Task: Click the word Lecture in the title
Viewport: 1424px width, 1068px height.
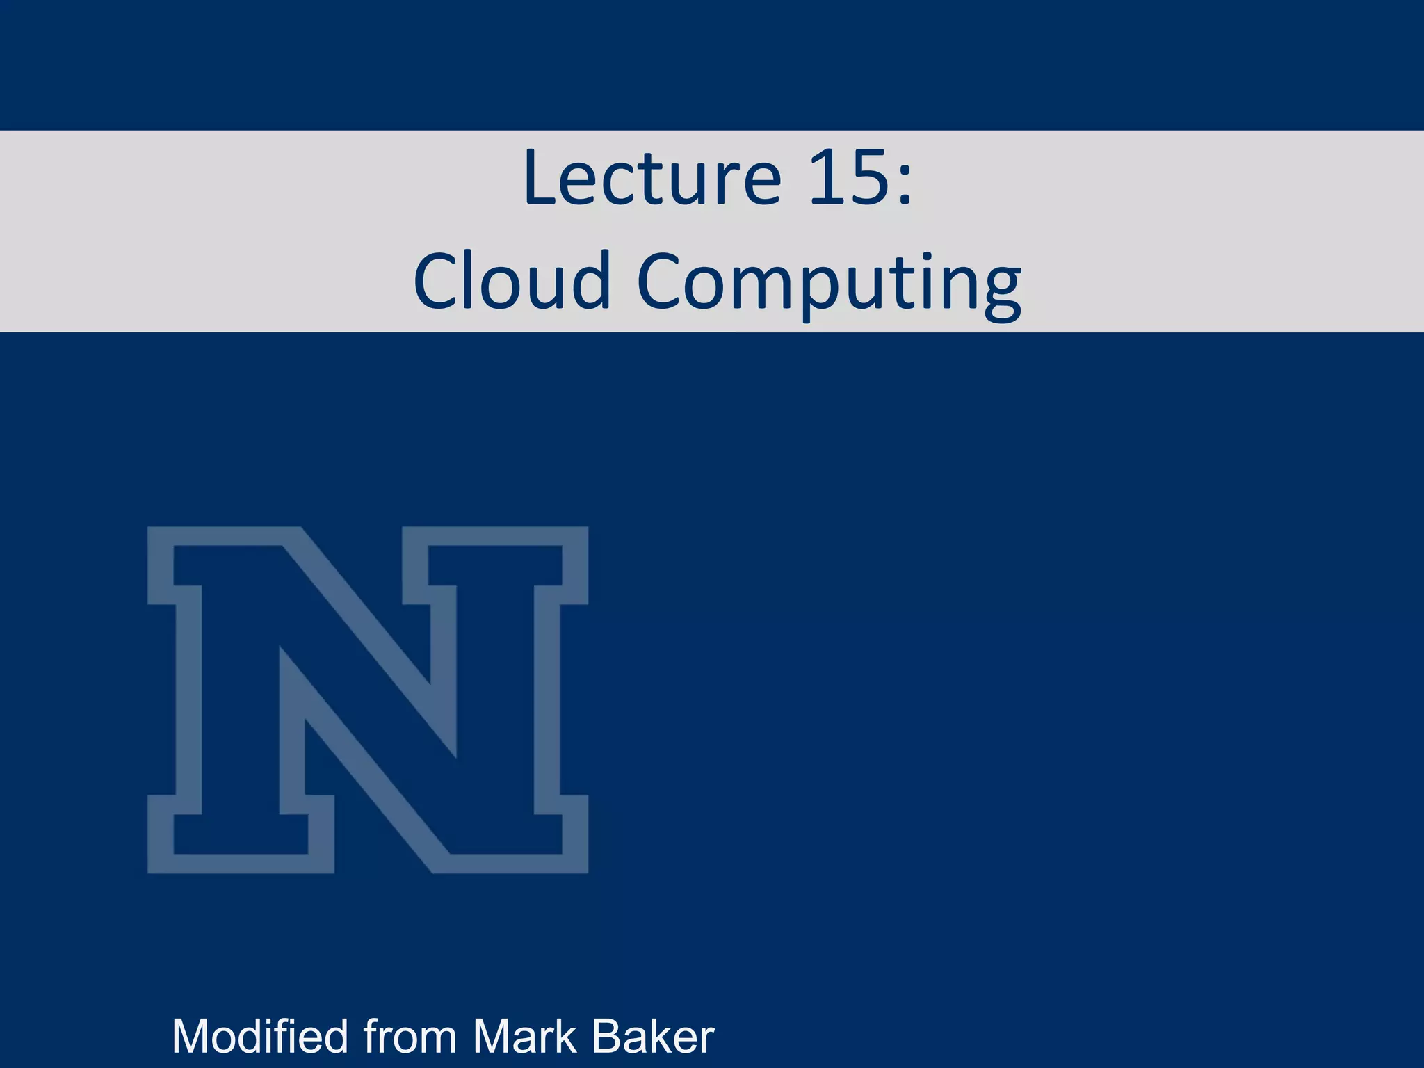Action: tap(652, 179)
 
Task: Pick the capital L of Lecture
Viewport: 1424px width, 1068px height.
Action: tap(542, 179)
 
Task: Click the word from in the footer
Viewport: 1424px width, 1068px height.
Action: tap(410, 1037)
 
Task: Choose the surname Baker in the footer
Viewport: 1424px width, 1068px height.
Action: tap(653, 1037)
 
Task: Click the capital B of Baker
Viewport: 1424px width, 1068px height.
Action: tap(607, 1037)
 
